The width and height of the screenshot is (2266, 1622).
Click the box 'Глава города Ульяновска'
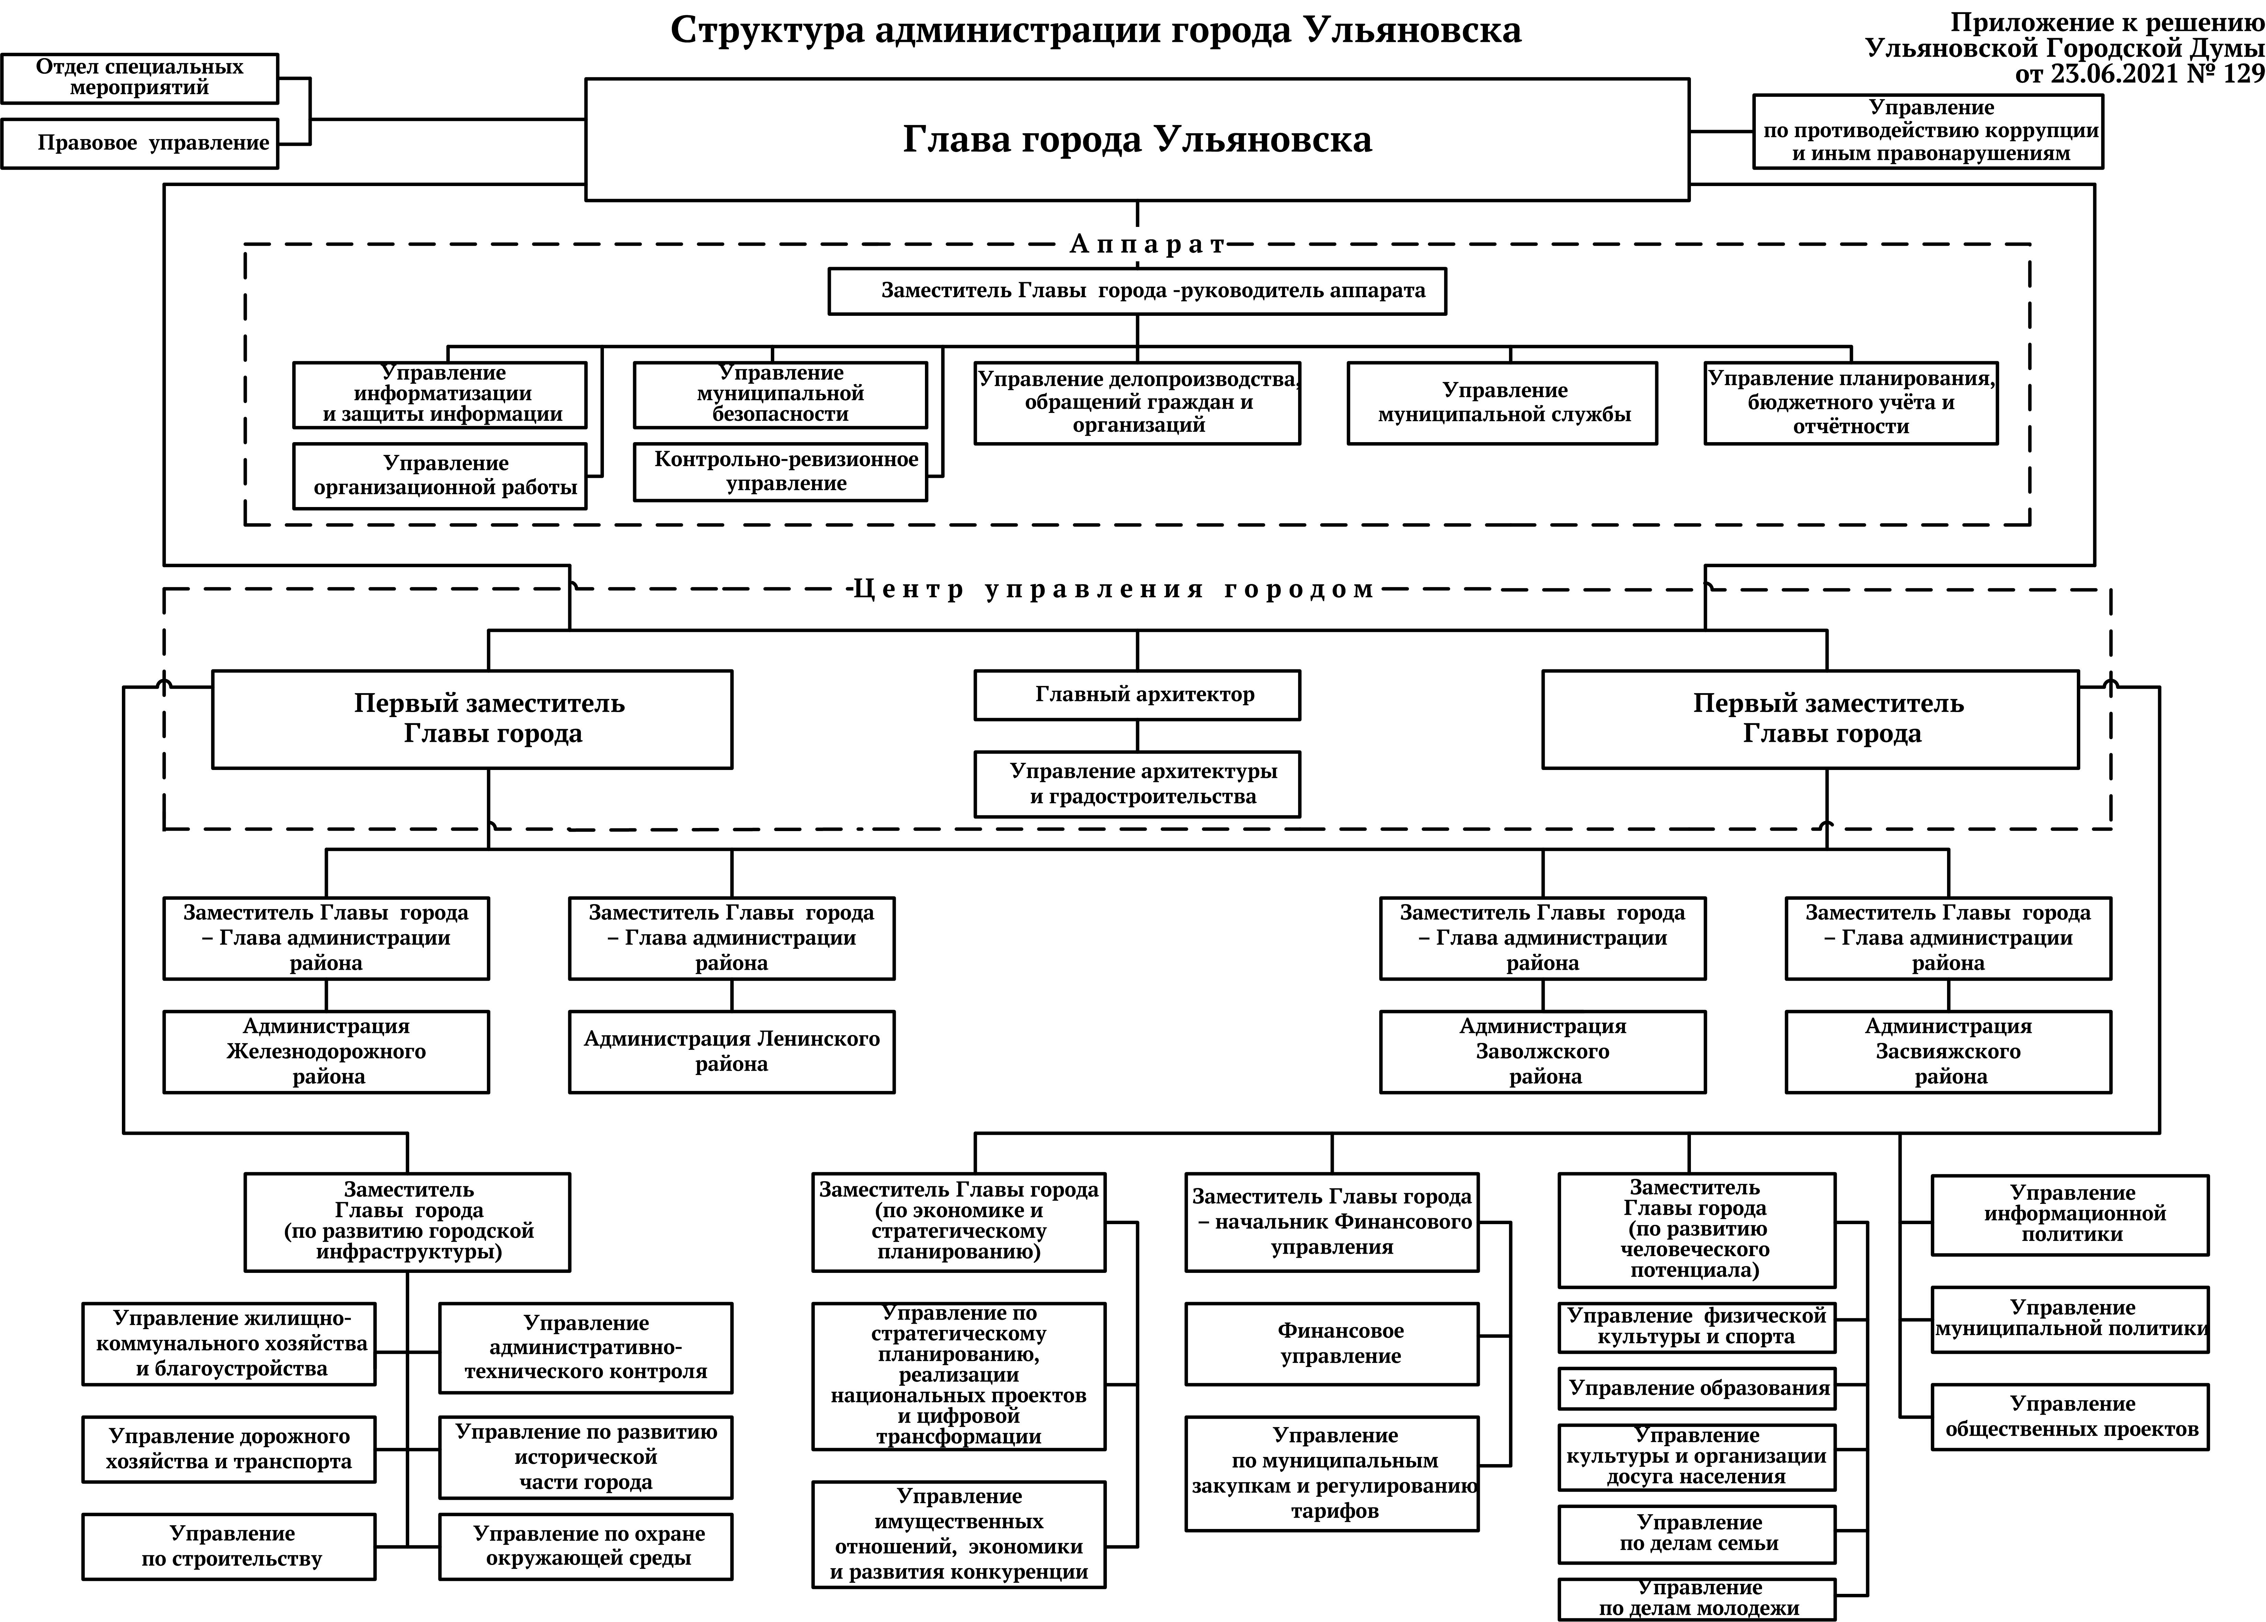(1136, 139)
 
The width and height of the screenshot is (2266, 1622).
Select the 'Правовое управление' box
(140, 143)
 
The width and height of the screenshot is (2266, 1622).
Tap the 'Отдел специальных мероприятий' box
(140, 78)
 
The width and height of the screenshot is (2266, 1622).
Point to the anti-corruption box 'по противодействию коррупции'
(1927, 131)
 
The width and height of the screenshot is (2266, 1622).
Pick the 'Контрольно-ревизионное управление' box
(780, 471)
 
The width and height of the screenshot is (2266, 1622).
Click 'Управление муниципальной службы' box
(1502, 403)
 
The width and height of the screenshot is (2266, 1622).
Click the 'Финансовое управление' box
(1332, 1343)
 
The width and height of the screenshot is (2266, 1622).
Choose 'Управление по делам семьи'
(1697, 1533)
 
